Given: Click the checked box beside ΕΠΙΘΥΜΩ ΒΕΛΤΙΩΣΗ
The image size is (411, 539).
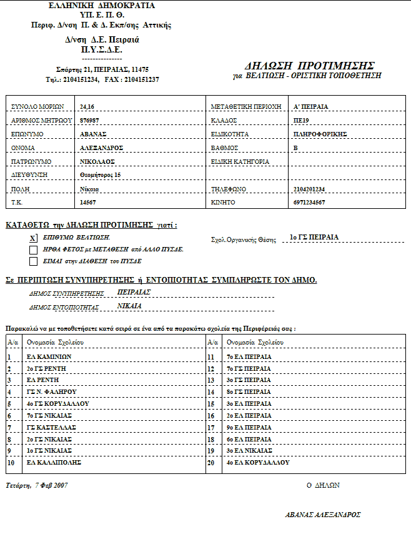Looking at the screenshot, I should click(x=33, y=238).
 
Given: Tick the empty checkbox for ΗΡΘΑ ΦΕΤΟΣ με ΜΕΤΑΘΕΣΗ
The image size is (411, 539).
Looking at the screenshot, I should click(x=33, y=249).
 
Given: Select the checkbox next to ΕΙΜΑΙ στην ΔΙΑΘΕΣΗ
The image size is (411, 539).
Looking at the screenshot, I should click(x=33, y=261).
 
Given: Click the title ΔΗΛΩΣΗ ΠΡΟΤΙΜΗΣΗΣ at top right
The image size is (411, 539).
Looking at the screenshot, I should click(x=310, y=66).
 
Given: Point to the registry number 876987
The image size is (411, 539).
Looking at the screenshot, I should click(x=90, y=119).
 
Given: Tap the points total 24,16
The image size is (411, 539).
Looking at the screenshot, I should click(x=87, y=106).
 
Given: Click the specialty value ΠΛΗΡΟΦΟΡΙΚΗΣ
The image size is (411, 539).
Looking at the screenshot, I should click(x=320, y=134).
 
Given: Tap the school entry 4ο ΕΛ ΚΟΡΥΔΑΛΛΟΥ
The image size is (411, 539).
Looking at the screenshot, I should click(x=257, y=463).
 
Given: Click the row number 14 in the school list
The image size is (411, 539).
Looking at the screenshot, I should click(x=210, y=392).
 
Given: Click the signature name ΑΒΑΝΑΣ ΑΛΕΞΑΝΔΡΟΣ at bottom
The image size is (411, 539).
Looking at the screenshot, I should click(x=323, y=515).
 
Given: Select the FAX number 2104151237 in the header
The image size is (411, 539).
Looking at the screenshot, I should click(x=141, y=80).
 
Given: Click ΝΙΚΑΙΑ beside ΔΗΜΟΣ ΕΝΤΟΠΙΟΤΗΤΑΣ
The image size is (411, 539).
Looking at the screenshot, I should click(x=129, y=306).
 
